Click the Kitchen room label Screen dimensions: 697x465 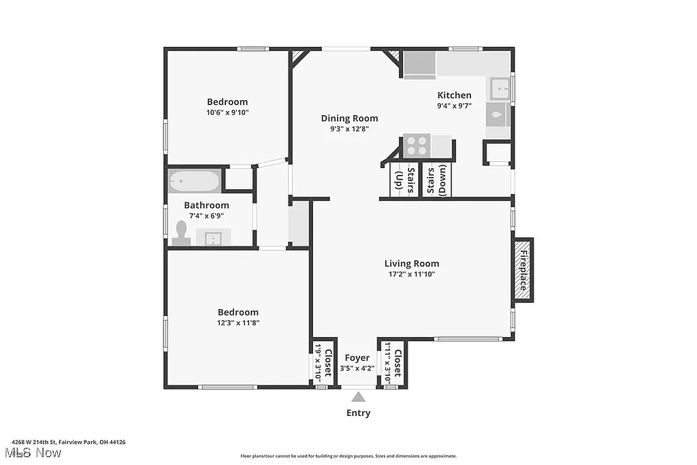454,95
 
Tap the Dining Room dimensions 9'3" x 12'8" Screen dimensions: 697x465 349,129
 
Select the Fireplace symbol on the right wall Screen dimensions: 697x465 523,270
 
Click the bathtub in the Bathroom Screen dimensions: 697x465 195,182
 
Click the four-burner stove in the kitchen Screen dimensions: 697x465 417,146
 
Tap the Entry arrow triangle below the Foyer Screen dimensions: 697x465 359,396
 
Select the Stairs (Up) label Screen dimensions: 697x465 398,181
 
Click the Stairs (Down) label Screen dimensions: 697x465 437,181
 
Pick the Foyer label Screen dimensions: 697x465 357,357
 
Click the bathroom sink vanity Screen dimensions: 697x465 214,238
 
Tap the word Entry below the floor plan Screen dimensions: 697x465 359,413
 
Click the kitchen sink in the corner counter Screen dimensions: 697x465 500,89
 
